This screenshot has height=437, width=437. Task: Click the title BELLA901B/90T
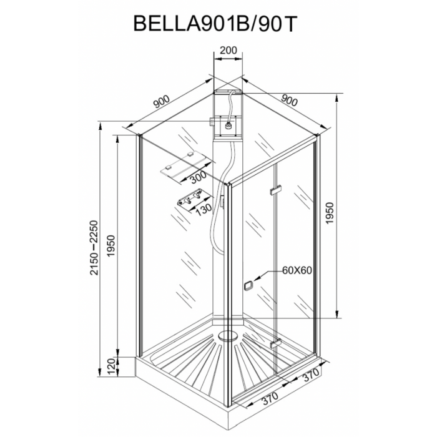click(x=214, y=23)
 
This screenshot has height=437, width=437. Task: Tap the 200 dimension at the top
click(x=228, y=50)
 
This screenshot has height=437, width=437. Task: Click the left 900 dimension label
click(x=161, y=102)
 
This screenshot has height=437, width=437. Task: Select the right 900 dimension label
click(x=290, y=101)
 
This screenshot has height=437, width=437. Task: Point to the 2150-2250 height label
click(x=94, y=248)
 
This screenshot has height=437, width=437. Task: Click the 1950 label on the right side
click(x=330, y=213)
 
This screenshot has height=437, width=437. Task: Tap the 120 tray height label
click(x=110, y=367)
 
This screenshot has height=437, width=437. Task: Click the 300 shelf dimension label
click(x=198, y=177)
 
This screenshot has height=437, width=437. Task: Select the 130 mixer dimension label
click(x=203, y=208)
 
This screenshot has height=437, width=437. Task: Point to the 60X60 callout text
click(x=297, y=270)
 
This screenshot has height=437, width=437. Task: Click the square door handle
click(x=248, y=285)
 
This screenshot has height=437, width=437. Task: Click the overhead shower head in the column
click(x=229, y=125)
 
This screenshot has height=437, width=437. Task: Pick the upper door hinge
click(x=276, y=190)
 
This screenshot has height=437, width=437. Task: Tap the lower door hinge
click(x=276, y=343)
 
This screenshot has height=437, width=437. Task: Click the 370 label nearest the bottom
click(x=270, y=399)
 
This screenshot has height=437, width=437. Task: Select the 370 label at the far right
click(x=310, y=375)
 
